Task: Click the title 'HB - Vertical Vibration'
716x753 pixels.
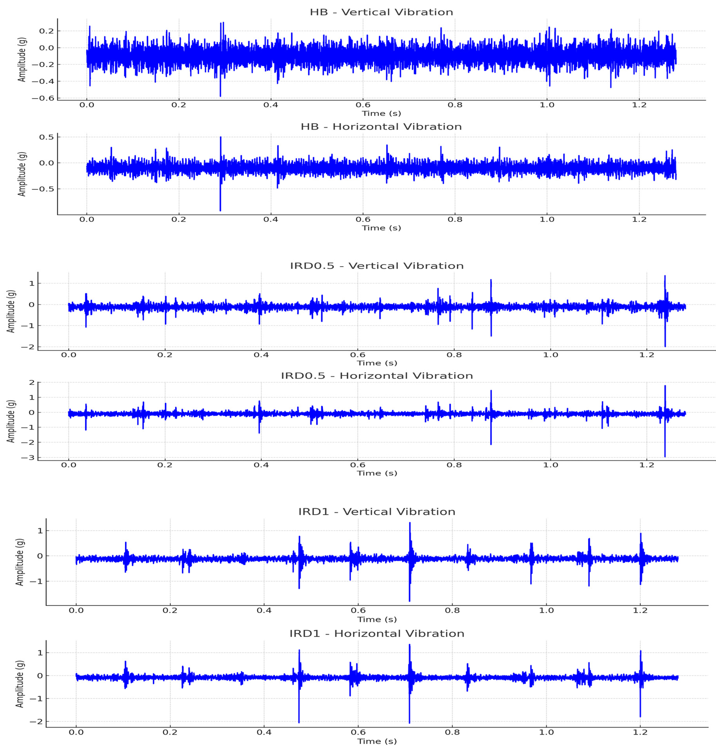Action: point(381,12)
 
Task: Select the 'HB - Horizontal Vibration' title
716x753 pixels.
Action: point(381,127)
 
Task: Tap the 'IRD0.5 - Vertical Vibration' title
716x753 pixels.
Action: point(377,266)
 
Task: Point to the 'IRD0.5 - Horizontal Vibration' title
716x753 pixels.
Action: point(377,376)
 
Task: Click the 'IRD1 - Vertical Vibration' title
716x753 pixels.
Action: point(377,512)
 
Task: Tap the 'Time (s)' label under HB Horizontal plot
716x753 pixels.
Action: point(381,228)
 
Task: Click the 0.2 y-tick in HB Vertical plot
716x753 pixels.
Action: point(47,31)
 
